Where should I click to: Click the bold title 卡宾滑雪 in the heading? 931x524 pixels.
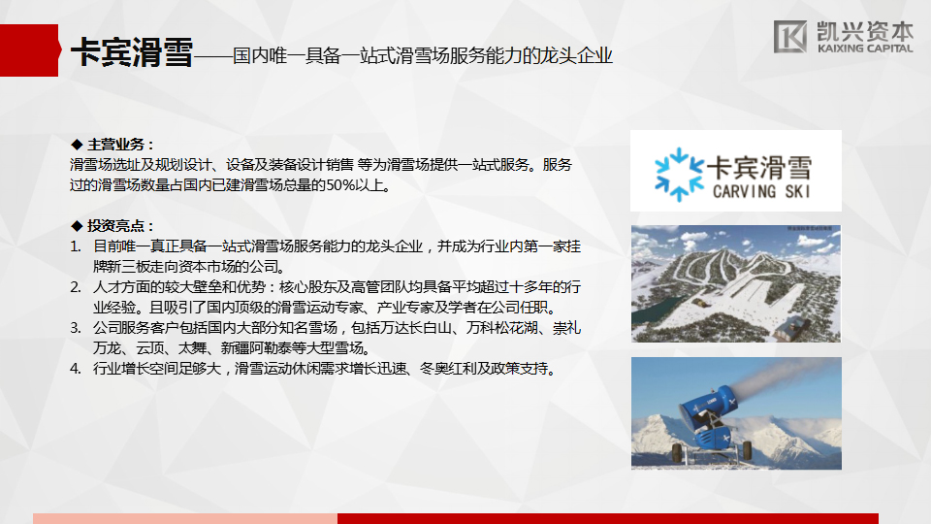132,52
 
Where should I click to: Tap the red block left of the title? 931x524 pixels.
30,50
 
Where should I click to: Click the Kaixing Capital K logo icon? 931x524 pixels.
789,36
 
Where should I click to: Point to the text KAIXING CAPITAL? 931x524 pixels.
865,49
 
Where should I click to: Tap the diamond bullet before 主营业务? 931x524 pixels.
77,145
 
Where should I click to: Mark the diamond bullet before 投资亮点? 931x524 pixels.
77,226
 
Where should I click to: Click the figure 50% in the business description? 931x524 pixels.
340,185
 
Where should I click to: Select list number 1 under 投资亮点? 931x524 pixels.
76,246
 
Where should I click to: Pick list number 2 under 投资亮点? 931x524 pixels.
76,287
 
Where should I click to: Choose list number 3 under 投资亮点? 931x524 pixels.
76,328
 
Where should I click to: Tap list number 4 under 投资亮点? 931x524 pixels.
76,369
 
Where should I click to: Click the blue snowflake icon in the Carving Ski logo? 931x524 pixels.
679,175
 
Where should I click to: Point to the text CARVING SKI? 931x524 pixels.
761,191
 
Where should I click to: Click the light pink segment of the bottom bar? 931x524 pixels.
185,518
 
